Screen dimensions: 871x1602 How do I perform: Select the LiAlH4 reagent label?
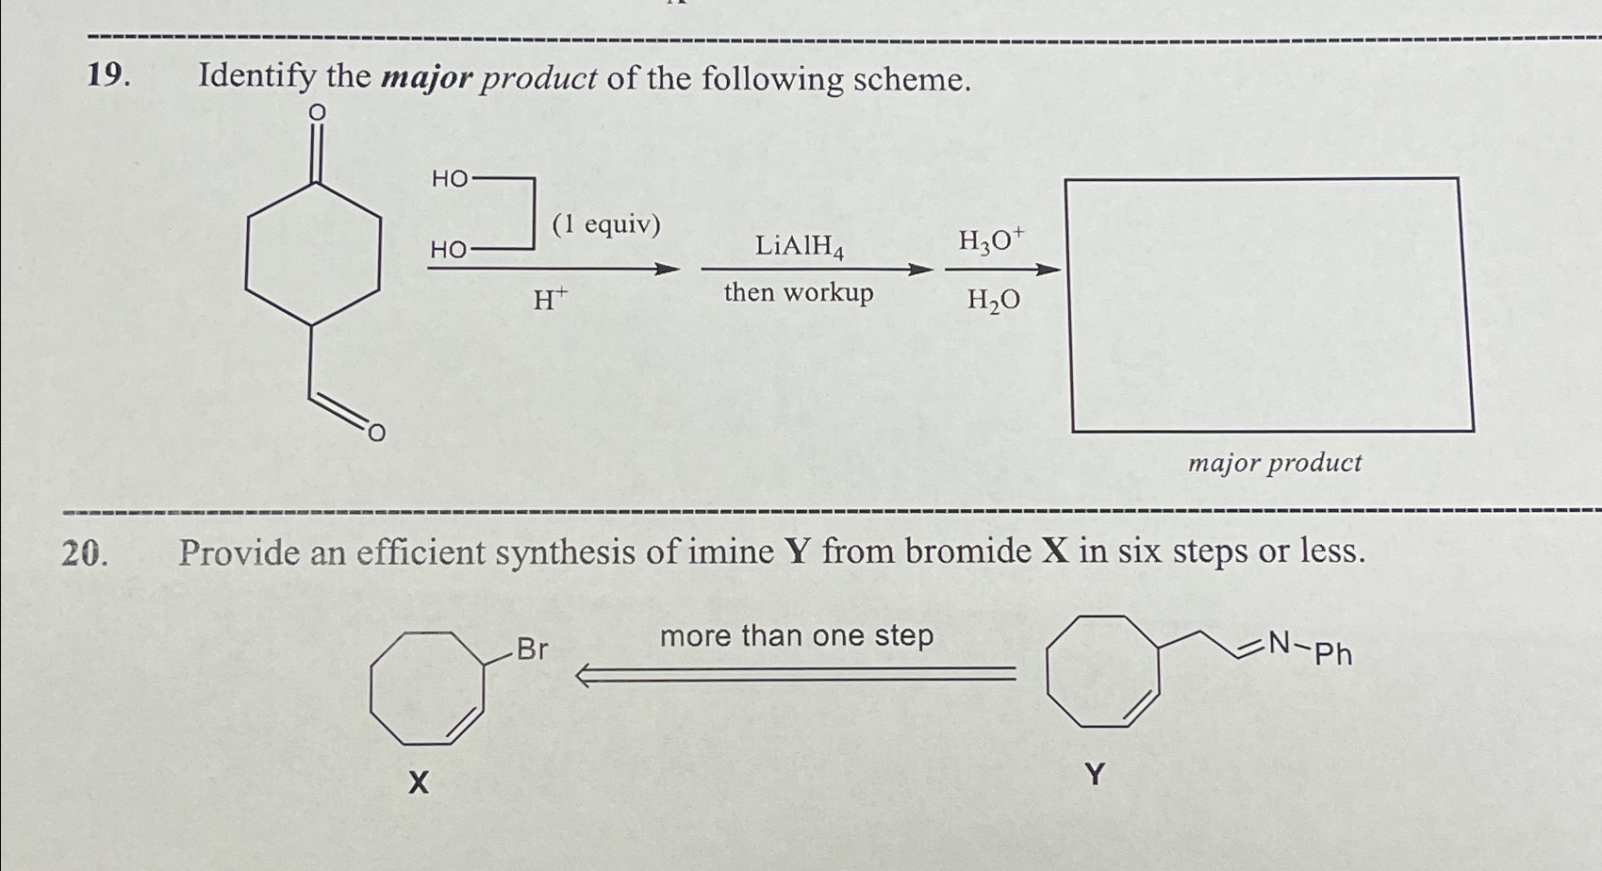799,247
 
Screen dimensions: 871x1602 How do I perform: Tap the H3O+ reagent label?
990,242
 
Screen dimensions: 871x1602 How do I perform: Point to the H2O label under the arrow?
993,301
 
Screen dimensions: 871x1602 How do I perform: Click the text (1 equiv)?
606,224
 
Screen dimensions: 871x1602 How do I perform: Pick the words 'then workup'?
799,293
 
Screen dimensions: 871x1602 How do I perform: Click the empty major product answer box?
1270,304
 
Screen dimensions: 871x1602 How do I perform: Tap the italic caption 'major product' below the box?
1274,463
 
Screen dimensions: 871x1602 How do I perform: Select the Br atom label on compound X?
532,649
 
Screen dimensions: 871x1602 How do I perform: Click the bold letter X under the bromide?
419,781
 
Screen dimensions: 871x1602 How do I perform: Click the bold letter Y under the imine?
1094,776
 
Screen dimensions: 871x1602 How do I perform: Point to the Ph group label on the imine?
1333,653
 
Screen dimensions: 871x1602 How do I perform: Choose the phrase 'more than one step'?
797,636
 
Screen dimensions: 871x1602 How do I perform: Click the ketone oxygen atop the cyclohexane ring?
317,113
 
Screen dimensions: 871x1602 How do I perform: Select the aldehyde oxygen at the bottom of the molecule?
375,433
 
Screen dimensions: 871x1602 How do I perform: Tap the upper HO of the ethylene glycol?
449,179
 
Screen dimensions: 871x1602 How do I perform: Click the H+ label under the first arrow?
551,301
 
